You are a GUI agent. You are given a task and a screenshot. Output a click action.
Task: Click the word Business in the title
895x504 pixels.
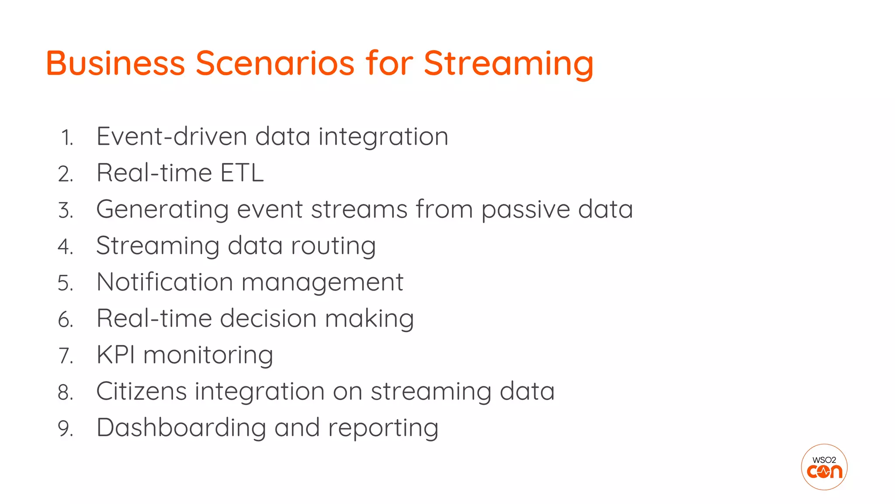115,63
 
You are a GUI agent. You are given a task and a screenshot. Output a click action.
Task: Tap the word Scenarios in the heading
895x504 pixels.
274,63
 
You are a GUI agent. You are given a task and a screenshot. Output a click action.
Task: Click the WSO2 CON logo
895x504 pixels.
824,467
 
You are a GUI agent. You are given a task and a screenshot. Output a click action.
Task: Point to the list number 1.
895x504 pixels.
66,138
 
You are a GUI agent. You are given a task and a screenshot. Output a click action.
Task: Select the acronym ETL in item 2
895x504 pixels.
242,173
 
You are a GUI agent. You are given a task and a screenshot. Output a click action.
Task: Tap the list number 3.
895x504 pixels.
66,210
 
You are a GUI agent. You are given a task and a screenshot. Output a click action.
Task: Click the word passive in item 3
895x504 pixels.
525,210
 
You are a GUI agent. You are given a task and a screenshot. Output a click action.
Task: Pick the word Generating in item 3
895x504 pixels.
162,210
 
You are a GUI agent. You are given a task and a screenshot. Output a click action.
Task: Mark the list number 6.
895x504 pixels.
66,319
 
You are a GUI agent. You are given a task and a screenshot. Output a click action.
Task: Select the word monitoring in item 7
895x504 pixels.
208,355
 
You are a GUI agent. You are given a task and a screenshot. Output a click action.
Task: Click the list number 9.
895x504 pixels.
66,428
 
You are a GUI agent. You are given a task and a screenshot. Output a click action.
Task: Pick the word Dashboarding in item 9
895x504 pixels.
181,427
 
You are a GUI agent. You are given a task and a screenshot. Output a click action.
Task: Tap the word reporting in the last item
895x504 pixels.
383,428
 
